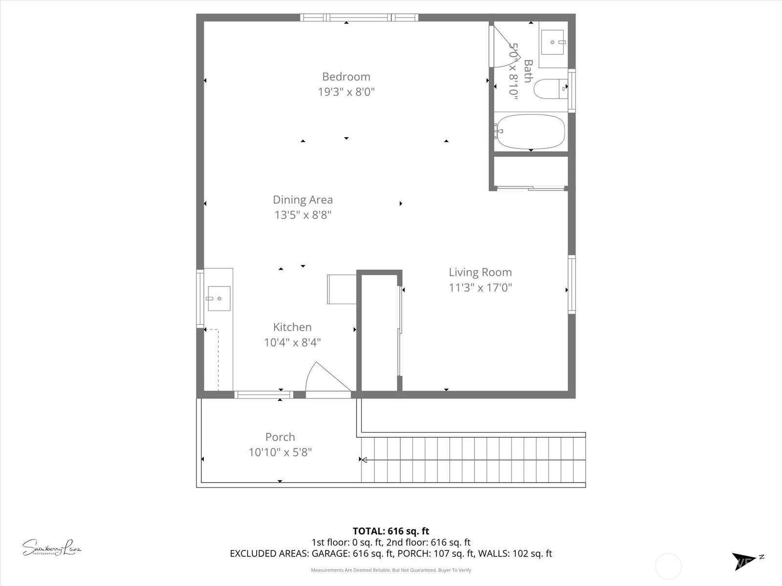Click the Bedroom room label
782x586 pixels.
pyautogui.click(x=346, y=77)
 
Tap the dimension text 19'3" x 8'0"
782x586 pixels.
pyautogui.click(x=346, y=92)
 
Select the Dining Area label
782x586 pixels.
pyautogui.click(x=303, y=200)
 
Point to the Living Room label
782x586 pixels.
pyautogui.click(x=480, y=272)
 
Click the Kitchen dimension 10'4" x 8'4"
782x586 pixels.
pyautogui.click(x=292, y=342)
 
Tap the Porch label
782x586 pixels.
pyautogui.click(x=280, y=437)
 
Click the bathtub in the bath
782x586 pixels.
pyautogui.click(x=530, y=131)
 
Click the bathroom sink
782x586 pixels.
pyautogui.click(x=554, y=43)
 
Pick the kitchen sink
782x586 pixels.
pyautogui.click(x=218, y=298)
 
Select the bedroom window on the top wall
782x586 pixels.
pyautogui.click(x=359, y=18)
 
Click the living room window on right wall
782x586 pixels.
pyautogui.click(x=571, y=284)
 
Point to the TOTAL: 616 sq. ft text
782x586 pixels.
pyautogui.click(x=391, y=531)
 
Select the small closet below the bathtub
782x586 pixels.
pyautogui.click(x=530, y=171)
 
